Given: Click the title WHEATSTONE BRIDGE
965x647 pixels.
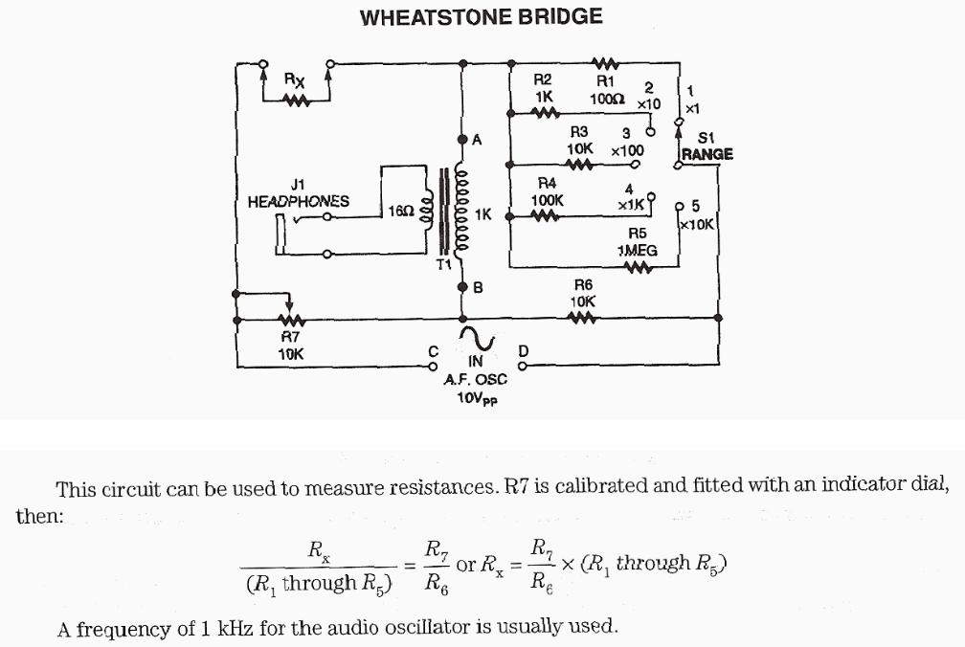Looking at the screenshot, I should [482, 17].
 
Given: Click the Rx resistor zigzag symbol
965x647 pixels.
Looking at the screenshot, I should [297, 100].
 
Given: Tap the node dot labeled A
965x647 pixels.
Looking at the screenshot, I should [463, 140].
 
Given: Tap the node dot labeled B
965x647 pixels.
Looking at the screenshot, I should [463, 286].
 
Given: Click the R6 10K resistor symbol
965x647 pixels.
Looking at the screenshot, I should [584, 319].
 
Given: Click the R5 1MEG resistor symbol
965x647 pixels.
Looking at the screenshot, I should [637, 267].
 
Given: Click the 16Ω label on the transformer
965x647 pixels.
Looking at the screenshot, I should [400, 210].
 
